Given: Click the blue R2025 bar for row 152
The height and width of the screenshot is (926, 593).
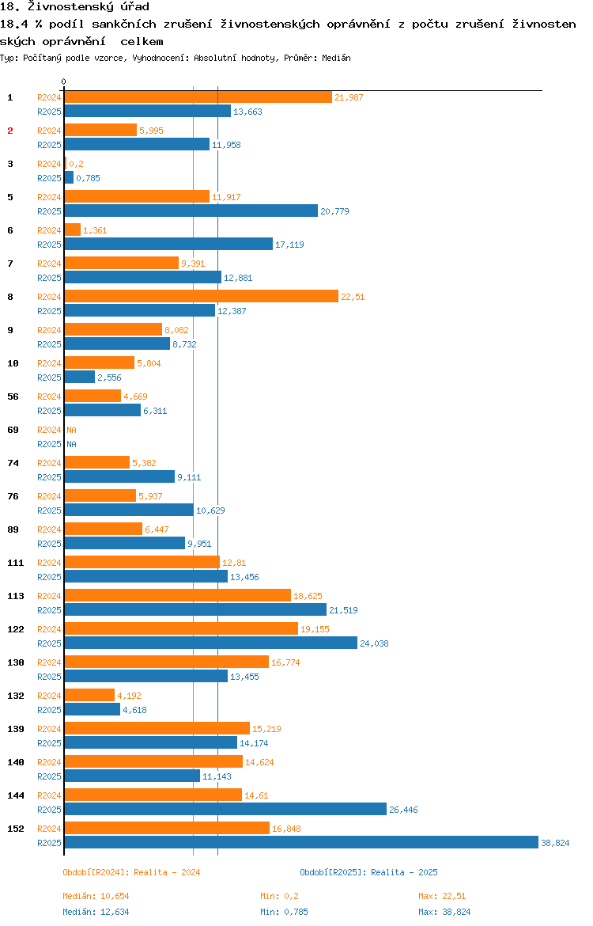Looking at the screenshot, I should (300, 842).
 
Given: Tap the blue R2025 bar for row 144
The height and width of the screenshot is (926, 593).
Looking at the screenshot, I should (225, 809).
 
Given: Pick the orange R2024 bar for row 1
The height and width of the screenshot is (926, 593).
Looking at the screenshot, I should (198, 97).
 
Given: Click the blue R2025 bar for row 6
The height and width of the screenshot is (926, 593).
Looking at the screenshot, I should (168, 244).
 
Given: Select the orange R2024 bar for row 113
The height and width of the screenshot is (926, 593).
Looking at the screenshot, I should (177, 595).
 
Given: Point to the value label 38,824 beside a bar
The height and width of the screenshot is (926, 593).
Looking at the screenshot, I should (555, 843).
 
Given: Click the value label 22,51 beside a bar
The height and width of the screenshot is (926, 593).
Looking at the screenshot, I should (353, 297).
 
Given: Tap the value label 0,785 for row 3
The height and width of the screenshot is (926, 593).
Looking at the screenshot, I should (88, 178).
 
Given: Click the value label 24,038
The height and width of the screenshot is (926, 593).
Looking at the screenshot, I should (374, 643).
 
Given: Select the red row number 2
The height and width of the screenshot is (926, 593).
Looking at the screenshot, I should (10, 131).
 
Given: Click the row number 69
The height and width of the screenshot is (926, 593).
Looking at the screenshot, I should (13, 430).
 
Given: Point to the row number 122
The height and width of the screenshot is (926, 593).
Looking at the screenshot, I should (15, 629).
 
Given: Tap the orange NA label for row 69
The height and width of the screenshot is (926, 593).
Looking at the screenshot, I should (71, 430).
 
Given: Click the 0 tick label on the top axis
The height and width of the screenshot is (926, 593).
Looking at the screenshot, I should (64, 82).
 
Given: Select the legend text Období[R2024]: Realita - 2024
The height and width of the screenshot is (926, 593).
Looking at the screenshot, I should (131, 872).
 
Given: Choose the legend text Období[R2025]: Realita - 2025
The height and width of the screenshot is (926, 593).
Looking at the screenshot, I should (368, 872).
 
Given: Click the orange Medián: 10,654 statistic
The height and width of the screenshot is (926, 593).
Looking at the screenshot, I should (96, 896).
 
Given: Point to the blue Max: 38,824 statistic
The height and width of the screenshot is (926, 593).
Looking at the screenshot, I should (444, 912).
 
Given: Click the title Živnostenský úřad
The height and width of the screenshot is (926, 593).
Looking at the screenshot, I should (74, 7).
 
